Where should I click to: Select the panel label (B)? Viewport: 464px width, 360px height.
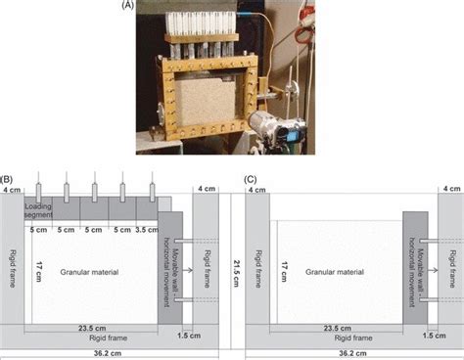[8, 180]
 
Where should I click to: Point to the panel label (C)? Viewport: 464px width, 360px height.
[251, 180]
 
